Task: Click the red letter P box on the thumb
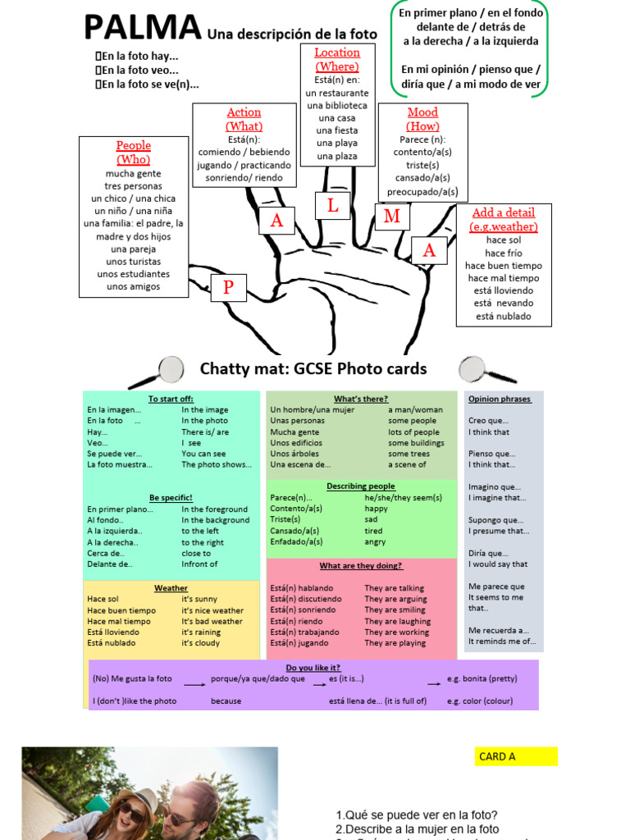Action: [229, 287]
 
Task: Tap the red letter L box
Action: [333, 206]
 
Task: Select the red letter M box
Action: [392, 217]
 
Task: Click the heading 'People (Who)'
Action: [133, 153]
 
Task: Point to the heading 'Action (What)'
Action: [244, 119]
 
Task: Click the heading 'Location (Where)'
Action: [337, 59]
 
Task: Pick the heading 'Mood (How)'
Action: [422, 119]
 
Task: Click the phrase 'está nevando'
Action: [503, 303]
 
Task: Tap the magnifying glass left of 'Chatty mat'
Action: [167, 370]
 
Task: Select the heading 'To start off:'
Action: [171, 399]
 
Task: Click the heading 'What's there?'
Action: [361, 399]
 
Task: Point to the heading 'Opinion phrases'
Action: [500, 399]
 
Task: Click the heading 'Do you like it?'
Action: [313, 668]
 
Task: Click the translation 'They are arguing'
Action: [395, 599]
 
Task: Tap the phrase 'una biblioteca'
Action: [337, 105]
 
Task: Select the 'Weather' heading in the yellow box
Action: [171, 588]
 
